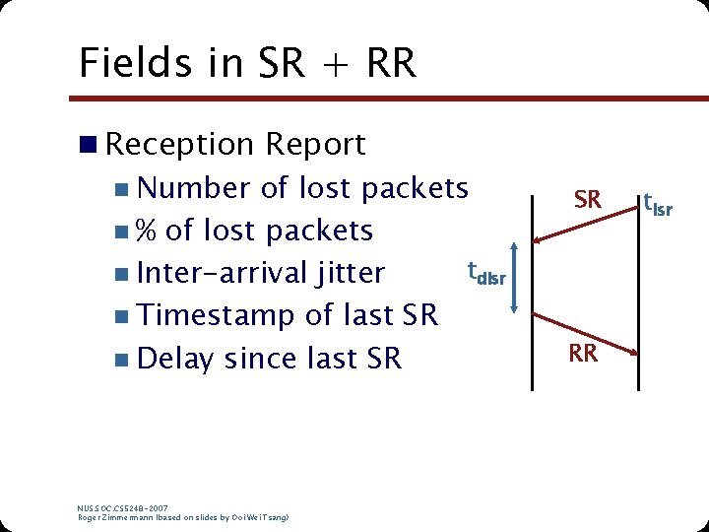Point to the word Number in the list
point(195,187)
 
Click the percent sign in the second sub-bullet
point(146,231)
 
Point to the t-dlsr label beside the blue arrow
point(485,273)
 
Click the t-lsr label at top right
point(657,204)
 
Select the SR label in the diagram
point(587,200)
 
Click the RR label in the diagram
point(583,353)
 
